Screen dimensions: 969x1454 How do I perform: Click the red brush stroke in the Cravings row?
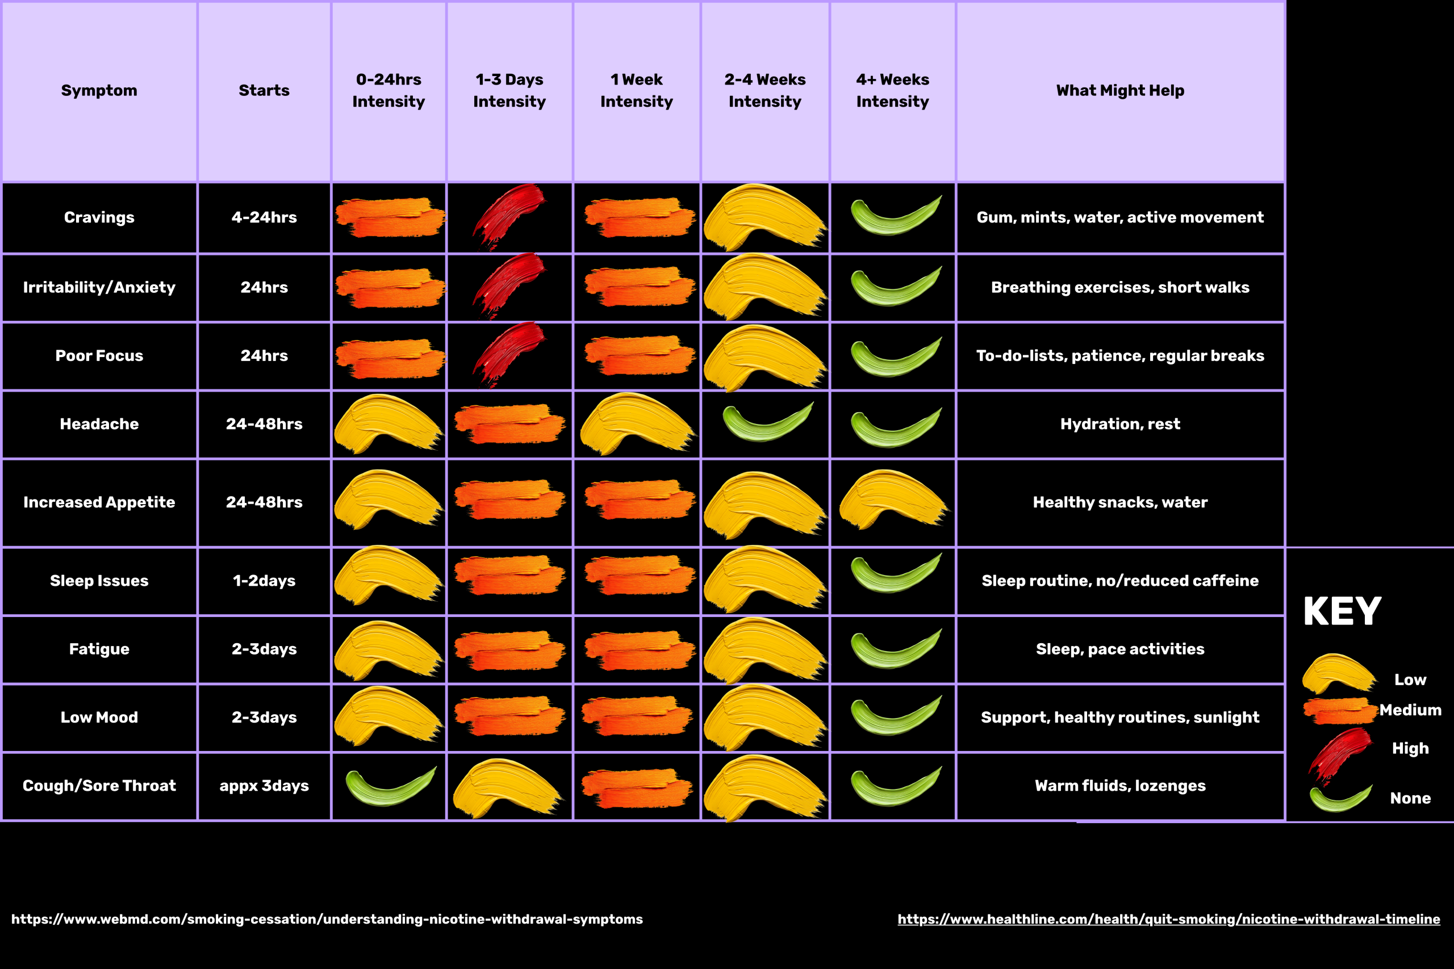click(x=509, y=216)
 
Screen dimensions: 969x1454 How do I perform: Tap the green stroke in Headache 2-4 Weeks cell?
click(x=767, y=424)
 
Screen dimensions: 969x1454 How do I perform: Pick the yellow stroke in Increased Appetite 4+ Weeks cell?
click(x=892, y=498)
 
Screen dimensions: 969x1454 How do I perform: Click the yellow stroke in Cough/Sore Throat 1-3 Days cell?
click(x=507, y=786)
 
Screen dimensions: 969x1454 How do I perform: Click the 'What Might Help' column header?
click(x=1119, y=91)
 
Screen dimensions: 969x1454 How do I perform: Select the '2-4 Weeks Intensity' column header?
click(x=764, y=91)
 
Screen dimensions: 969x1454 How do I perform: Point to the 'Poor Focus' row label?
click(x=99, y=355)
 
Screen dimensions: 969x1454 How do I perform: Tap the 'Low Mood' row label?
click(x=99, y=717)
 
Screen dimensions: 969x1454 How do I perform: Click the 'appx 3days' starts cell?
click(x=264, y=786)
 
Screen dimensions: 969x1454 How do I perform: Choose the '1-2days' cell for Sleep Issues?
click(x=264, y=580)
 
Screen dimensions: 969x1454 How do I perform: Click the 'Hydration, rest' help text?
click(x=1119, y=424)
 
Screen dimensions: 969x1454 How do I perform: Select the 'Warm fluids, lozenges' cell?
click(x=1119, y=786)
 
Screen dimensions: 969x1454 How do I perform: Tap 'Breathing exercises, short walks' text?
click(x=1119, y=287)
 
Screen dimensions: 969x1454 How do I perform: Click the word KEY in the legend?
click(x=1342, y=612)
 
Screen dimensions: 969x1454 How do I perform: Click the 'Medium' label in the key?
click(x=1410, y=710)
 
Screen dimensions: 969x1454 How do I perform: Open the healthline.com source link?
click(x=1168, y=919)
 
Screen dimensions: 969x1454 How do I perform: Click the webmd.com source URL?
click(x=327, y=919)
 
